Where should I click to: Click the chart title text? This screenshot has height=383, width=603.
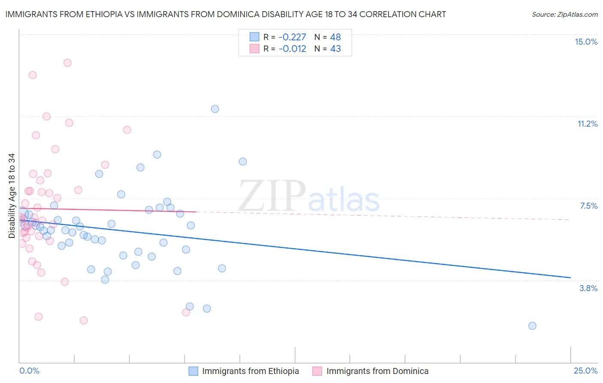(x=226, y=14)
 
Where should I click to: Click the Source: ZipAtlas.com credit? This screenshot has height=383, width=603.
(x=564, y=14)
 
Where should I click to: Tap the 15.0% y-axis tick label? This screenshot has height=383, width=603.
(x=586, y=42)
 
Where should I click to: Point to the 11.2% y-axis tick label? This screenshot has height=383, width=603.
(x=587, y=124)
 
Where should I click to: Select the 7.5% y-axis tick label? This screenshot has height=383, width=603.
(x=588, y=206)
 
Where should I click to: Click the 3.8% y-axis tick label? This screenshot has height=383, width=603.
(x=588, y=288)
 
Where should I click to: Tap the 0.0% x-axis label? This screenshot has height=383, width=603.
(x=29, y=371)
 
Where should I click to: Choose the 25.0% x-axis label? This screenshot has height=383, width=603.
(x=585, y=371)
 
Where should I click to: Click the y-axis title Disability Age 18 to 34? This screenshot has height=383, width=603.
(x=12, y=196)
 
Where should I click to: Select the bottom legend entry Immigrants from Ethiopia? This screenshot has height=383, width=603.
(x=250, y=371)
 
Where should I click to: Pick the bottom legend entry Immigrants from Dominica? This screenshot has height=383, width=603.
(x=377, y=371)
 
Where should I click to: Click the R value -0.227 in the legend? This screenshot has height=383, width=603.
(x=292, y=37)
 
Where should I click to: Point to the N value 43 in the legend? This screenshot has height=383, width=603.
(x=335, y=49)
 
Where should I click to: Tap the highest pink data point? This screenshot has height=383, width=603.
(x=67, y=63)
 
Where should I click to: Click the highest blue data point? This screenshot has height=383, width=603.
(x=215, y=109)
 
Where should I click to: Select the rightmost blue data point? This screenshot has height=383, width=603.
(x=532, y=326)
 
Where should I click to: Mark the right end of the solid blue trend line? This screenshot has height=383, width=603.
(x=570, y=278)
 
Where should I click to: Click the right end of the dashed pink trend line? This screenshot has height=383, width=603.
(x=570, y=220)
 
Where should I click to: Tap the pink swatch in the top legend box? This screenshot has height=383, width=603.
(x=255, y=49)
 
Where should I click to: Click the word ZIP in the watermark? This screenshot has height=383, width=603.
(x=272, y=196)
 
